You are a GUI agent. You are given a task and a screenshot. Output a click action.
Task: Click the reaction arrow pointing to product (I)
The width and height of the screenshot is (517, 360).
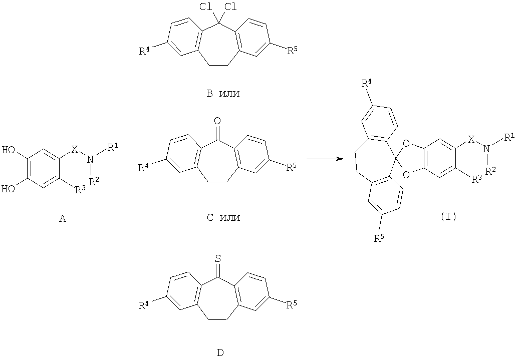click(325, 159)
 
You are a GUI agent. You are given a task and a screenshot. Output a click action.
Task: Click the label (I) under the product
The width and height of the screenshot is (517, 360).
click(448, 217)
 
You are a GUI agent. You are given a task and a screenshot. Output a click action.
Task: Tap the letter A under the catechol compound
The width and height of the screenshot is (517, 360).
click(62, 218)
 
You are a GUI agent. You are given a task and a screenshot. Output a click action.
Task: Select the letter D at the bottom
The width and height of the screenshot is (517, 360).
click(220, 352)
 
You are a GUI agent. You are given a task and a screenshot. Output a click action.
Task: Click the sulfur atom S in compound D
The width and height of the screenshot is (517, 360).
click(217, 258)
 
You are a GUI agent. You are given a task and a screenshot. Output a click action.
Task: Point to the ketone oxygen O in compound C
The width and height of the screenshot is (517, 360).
click(217, 121)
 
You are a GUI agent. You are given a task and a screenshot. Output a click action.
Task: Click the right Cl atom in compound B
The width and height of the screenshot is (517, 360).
click(230, 7)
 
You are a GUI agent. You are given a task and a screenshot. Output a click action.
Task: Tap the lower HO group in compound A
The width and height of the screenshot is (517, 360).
click(9, 189)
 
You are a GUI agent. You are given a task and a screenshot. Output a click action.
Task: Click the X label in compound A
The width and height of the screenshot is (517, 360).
click(75, 150)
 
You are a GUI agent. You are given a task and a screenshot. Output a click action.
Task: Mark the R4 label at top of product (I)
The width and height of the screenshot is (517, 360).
click(368, 84)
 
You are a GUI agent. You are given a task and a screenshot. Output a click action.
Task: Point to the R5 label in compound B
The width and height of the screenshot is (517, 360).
click(292, 51)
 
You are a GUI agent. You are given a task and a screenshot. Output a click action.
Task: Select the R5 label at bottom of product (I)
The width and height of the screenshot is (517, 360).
click(379, 237)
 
